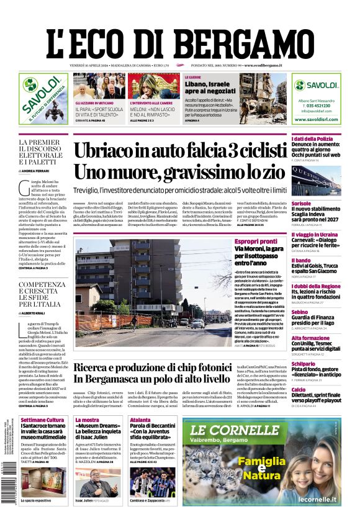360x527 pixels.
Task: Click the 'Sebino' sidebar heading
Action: click(x=300, y=312)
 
